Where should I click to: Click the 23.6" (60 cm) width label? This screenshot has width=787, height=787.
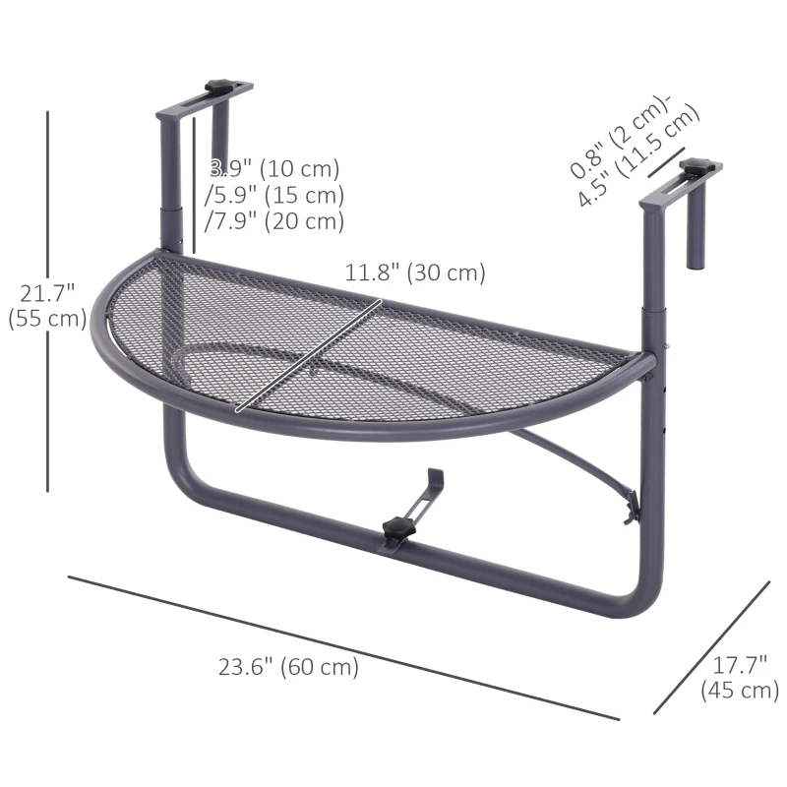coord(288,667)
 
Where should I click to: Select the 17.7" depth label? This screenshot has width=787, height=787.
coord(739,667)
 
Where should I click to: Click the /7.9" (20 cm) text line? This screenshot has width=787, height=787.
coord(274,221)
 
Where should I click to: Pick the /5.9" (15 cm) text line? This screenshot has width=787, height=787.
coord(274,195)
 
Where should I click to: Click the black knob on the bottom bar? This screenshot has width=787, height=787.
coord(398,530)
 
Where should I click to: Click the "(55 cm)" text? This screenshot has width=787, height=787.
coord(46,319)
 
